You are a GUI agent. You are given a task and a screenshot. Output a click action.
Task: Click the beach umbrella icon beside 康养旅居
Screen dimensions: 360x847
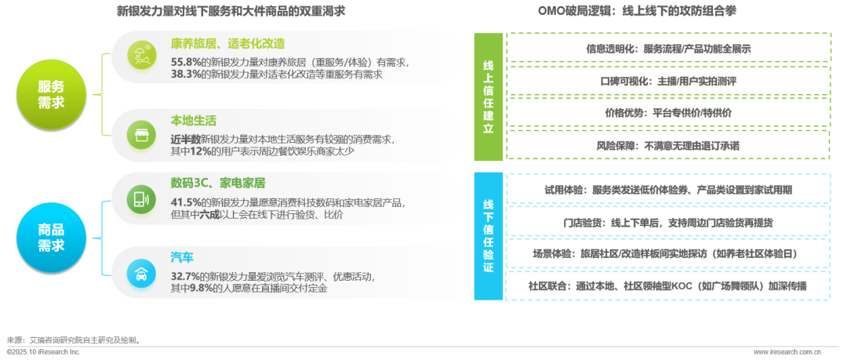144,54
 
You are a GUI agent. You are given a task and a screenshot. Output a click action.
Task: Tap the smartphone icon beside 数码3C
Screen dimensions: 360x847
144,199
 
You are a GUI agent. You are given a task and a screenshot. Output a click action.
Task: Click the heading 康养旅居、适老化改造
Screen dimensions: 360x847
227,44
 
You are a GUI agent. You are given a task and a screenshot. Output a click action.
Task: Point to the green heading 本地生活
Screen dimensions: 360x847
193,121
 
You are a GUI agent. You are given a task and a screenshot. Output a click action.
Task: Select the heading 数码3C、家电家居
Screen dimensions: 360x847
218,184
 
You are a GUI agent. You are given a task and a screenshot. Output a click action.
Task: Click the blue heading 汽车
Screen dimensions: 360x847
182,257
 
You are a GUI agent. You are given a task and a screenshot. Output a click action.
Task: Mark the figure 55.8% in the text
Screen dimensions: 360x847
186,61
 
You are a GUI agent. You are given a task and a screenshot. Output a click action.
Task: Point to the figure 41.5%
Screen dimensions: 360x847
186,202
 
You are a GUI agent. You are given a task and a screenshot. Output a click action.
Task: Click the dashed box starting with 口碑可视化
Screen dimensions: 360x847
667,80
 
